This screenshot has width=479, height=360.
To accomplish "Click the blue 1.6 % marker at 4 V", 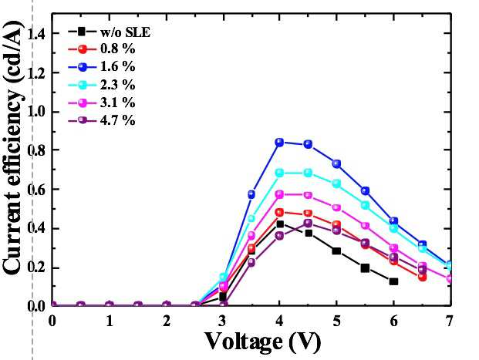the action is click(x=279, y=143).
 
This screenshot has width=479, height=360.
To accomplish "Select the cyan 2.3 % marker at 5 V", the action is click(x=336, y=183).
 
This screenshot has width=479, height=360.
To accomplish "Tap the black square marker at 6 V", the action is click(x=393, y=281).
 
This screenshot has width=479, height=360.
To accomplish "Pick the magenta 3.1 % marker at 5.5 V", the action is click(x=365, y=226).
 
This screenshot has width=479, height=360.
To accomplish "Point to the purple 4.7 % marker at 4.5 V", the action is click(x=308, y=223).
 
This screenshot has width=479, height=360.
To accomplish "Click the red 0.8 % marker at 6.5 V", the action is click(x=422, y=277).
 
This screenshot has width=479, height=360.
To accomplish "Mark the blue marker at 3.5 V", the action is click(x=251, y=194).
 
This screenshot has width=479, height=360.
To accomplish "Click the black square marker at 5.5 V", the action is click(x=365, y=268).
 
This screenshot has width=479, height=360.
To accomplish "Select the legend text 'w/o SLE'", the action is click(x=126, y=32).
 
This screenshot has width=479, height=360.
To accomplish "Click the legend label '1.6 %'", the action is click(x=117, y=66).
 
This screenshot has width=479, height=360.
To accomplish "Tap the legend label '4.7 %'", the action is click(x=117, y=120).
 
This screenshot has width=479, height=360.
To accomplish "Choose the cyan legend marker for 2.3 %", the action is click(x=83, y=85).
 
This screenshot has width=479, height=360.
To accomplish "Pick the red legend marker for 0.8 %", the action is click(x=83, y=49).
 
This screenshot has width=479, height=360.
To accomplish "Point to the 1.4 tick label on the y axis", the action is click(x=36, y=33).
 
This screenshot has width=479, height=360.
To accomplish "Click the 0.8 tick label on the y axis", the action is click(x=36, y=150).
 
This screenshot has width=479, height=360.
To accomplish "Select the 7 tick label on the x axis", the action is click(x=449, y=321).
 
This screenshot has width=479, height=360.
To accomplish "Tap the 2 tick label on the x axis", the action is click(x=166, y=321).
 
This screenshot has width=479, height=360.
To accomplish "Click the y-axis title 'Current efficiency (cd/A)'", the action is click(x=13, y=148).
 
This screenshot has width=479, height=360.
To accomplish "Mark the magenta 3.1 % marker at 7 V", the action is click(x=449, y=278).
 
